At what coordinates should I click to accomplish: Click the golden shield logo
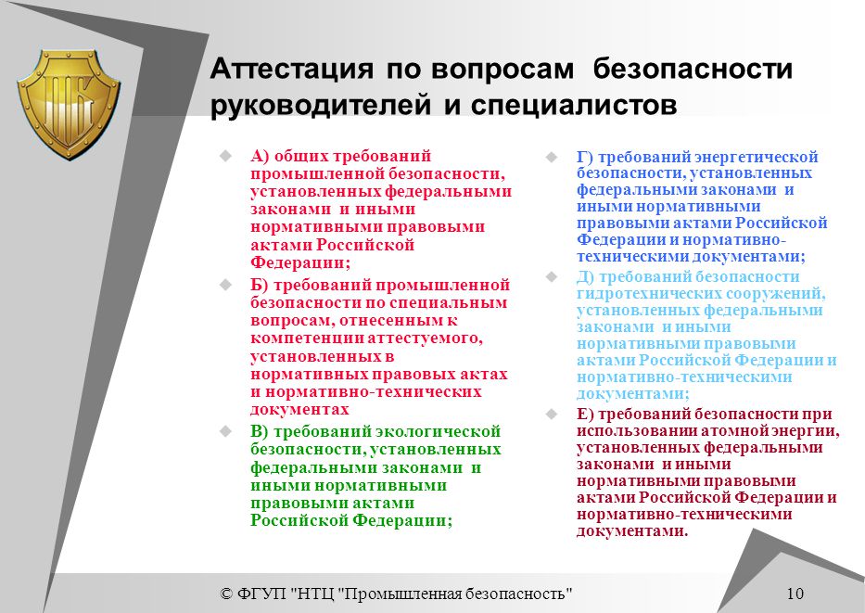[x=70, y=104]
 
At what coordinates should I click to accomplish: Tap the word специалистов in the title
[x=574, y=105]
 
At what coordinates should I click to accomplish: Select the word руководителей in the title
[x=321, y=105]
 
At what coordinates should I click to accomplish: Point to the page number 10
[x=795, y=594]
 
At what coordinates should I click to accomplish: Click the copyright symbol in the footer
[x=226, y=594]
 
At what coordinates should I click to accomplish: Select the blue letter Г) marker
[x=585, y=158]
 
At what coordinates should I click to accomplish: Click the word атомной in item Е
[x=733, y=431]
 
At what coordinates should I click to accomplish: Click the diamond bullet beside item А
[x=225, y=156]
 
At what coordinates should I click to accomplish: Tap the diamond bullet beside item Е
[x=552, y=414]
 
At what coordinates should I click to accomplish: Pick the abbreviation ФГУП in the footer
[x=262, y=594]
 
